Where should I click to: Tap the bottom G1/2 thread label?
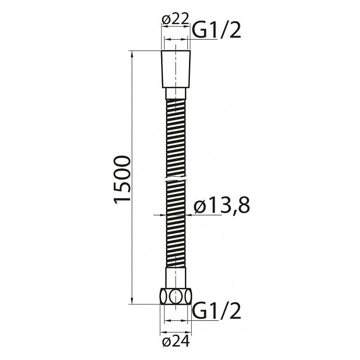coord(217,311)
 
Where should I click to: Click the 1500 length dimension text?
coord(122,180)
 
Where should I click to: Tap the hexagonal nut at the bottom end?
coord(176,297)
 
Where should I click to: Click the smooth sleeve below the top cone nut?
coord(176,94)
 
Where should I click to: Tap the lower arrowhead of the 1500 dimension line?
coord(132,302)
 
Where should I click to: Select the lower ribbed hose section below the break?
coord(176,225)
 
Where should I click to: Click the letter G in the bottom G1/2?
coord(199,311)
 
